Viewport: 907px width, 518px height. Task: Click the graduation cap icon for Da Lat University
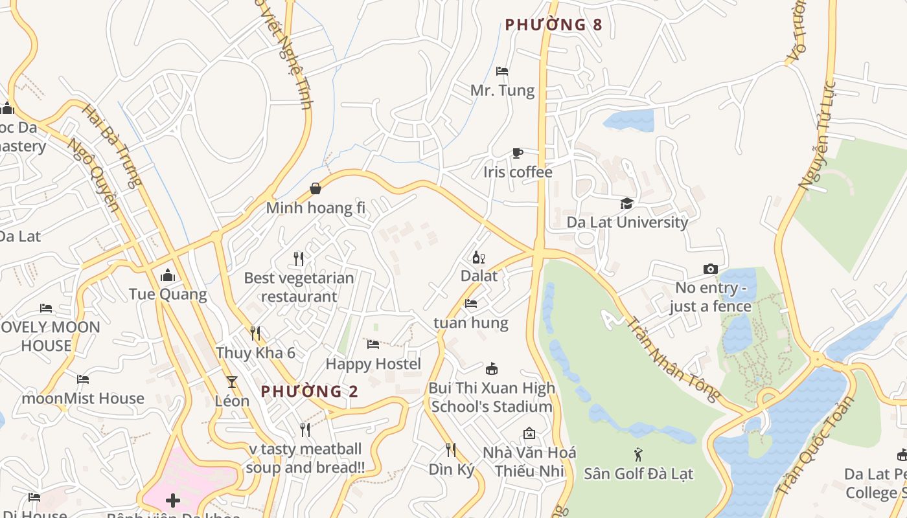pyautogui.click(x=626, y=204)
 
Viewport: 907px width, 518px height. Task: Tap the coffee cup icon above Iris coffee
pyautogui.click(x=517, y=153)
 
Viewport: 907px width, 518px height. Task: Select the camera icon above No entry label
pyautogui.click(x=711, y=269)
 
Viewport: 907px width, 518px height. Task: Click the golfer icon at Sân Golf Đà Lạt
pyautogui.click(x=638, y=455)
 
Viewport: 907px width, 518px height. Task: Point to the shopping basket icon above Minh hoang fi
pyautogui.click(x=316, y=188)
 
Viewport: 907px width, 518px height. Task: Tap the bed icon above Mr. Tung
pyautogui.click(x=502, y=71)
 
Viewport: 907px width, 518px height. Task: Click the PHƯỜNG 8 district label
pyautogui.click(x=553, y=25)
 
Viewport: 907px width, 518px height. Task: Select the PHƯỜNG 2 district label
pyautogui.click(x=309, y=391)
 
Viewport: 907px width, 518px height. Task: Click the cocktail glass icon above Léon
pyautogui.click(x=232, y=382)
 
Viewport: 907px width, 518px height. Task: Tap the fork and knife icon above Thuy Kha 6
pyautogui.click(x=255, y=333)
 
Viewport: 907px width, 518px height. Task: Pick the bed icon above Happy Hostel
pyautogui.click(x=373, y=344)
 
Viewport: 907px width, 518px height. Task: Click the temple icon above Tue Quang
pyautogui.click(x=168, y=275)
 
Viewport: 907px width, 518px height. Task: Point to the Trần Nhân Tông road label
pyautogui.click(x=674, y=359)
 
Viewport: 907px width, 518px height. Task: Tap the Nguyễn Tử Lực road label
pyautogui.click(x=818, y=136)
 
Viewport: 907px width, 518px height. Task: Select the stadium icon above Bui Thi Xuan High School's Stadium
pyautogui.click(x=492, y=369)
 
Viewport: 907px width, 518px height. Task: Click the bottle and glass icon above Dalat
pyautogui.click(x=479, y=257)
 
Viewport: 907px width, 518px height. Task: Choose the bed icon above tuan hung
pyautogui.click(x=471, y=303)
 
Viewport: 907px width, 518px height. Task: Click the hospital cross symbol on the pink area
pyautogui.click(x=173, y=501)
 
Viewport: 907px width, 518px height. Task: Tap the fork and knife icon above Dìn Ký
pyautogui.click(x=451, y=450)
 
